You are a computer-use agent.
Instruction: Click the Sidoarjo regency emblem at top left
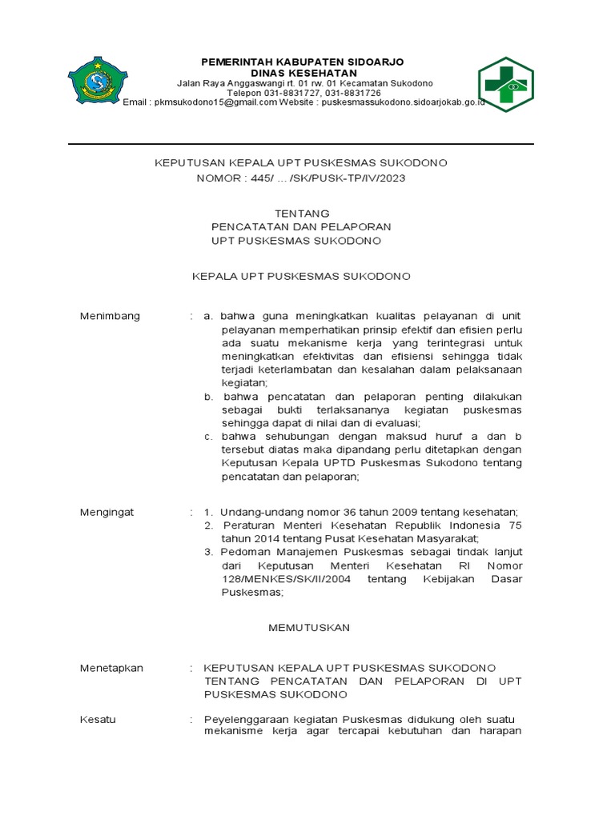click(x=99, y=80)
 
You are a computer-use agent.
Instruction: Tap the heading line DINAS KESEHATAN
click(x=302, y=73)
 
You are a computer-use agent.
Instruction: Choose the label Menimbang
click(x=110, y=316)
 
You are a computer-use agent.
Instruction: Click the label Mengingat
click(x=107, y=512)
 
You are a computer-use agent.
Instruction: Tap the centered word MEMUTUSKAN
click(x=308, y=628)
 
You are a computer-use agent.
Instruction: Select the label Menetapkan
click(x=111, y=668)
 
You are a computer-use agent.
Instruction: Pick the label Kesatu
click(x=98, y=719)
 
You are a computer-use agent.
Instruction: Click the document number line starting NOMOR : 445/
click(x=301, y=178)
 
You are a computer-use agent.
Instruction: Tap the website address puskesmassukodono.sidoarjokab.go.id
click(x=403, y=103)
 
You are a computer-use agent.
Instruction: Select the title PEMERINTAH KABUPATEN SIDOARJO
click(x=302, y=62)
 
